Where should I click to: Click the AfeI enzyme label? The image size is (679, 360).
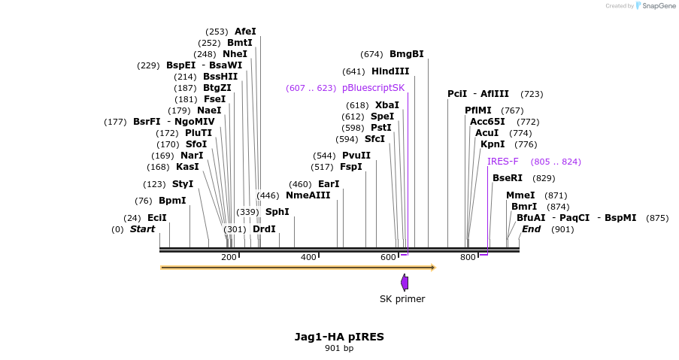pyautogui.click(x=245, y=32)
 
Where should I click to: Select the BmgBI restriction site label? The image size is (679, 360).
pyautogui.click(x=406, y=54)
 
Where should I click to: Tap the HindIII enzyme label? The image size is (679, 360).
pyautogui.click(x=390, y=71)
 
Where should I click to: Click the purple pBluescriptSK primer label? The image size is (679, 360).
pyautogui.click(x=373, y=88)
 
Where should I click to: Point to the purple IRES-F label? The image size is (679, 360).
pyautogui.click(x=502, y=162)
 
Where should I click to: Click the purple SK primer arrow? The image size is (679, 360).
pyautogui.click(x=405, y=283)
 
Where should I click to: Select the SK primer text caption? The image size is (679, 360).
pyautogui.click(x=402, y=299)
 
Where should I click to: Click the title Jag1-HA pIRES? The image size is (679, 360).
pyautogui.click(x=339, y=336)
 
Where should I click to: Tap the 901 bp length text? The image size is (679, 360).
pyautogui.click(x=339, y=348)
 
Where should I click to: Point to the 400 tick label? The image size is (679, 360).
pyautogui.click(x=308, y=258)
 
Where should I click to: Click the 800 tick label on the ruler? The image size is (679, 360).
pyautogui.click(x=468, y=258)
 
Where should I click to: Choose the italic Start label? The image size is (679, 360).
pyautogui.click(x=142, y=228)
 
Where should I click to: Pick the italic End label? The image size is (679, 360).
pyautogui.click(x=531, y=228)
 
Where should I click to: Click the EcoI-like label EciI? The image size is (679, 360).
pyautogui.click(x=157, y=218)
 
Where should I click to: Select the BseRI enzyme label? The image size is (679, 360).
pyautogui.click(x=507, y=178)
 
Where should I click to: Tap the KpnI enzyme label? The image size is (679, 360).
pyautogui.click(x=493, y=144)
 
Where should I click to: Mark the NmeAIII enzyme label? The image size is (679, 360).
pyautogui.click(x=308, y=195)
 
